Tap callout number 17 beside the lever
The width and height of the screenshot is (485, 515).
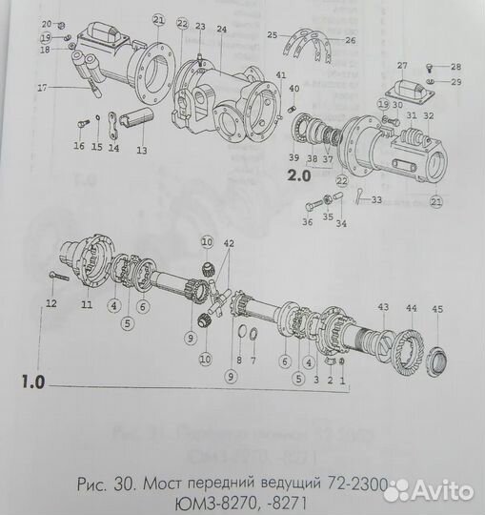pyautogui.click(x=42, y=88)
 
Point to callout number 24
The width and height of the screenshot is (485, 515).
pyautogui.click(x=221, y=30)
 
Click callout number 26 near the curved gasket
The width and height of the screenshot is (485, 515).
pyautogui.click(x=350, y=41)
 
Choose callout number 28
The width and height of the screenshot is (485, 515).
pyautogui.click(x=455, y=67)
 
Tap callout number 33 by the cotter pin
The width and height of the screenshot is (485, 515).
pyautogui.click(x=377, y=200)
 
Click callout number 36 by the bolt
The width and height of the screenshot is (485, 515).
pyautogui.click(x=306, y=224)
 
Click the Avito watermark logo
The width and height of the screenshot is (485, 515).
pyautogui.click(x=431, y=490)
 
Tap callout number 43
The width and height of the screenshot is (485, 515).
pyautogui.click(x=383, y=307)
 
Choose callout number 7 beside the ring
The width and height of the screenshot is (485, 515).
pyautogui.click(x=254, y=361)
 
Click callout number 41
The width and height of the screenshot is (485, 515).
pyautogui.click(x=280, y=74)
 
